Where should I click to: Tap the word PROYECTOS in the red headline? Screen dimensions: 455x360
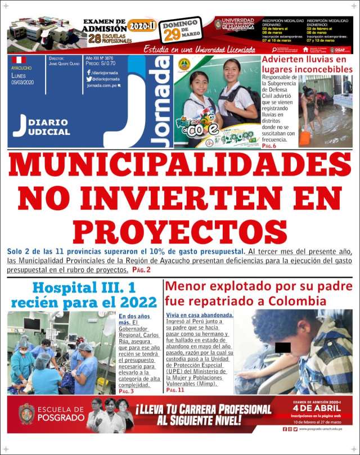click(180, 230)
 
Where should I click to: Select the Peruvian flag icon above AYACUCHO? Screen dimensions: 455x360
click(19, 60)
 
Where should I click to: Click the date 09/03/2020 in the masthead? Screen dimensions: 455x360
click(22, 82)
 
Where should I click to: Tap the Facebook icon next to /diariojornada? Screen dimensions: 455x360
click(88, 73)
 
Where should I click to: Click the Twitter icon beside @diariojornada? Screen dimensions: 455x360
click(88, 79)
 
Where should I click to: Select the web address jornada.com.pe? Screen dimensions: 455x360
click(103, 86)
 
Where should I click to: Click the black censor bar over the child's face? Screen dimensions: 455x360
click(283, 347)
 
